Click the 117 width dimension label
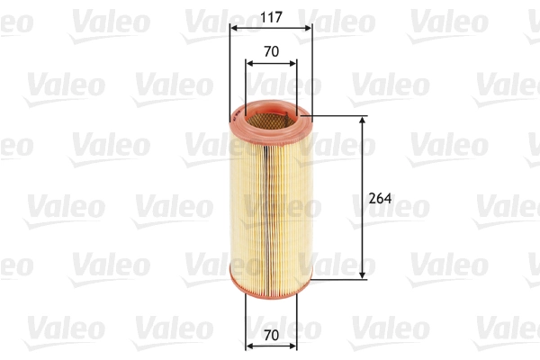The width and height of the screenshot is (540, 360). [x=270, y=15]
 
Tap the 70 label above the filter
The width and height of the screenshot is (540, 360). [x=270, y=51]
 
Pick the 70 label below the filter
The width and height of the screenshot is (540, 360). [x=271, y=333]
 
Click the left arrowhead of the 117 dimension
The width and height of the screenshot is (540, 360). [x=233, y=29]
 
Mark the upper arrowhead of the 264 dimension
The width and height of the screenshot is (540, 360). [x=363, y=121]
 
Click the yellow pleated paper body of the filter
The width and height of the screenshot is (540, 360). [x=270, y=198]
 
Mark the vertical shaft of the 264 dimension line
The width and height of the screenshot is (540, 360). [x=363, y=162]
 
